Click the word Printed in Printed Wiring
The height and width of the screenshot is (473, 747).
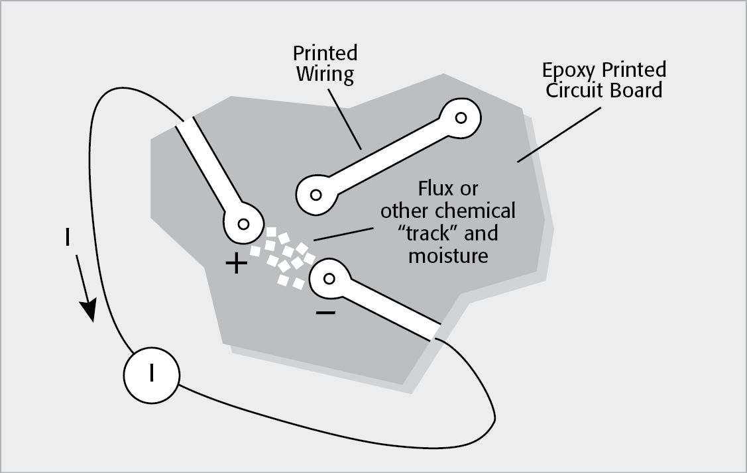point(325,54)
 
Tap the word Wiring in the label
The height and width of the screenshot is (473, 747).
point(325,74)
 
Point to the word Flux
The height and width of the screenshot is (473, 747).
point(435,189)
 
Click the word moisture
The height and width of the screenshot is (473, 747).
point(448,255)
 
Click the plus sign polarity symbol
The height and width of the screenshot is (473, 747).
point(237,264)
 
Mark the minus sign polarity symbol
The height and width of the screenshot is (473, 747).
point(325,311)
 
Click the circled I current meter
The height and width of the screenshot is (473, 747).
point(151,374)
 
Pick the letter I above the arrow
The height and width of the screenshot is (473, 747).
point(67,238)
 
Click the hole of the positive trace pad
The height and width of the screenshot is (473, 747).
point(243,223)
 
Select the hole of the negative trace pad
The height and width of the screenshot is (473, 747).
point(329,278)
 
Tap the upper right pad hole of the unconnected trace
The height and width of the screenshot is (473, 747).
point(461,118)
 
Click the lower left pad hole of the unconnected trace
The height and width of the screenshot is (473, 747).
point(316,195)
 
